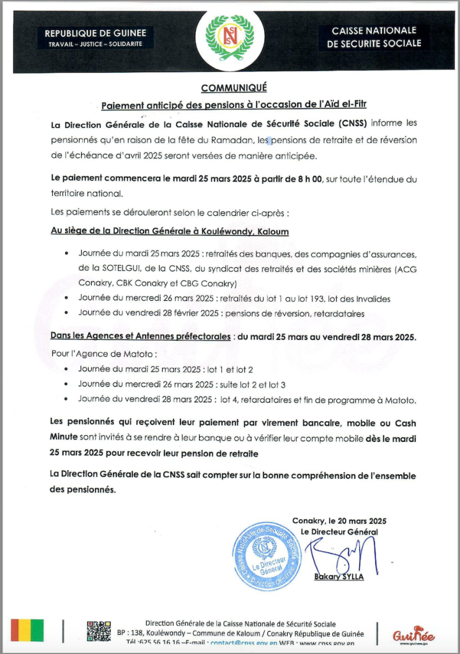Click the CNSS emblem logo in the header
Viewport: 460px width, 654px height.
(x=230, y=38)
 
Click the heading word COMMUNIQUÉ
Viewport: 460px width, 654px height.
(x=234, y=88)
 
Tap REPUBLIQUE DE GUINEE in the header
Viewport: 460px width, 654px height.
(x=95, y=33)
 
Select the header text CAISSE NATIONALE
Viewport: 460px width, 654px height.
(x=374, y=31)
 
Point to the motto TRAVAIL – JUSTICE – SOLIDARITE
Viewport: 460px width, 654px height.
(x=95, y=44)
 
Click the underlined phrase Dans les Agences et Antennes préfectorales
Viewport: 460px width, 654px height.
(x=140, y=337)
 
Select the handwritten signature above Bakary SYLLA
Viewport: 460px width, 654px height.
(x=341, y=554)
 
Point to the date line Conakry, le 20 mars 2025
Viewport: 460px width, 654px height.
(x=339, y=521)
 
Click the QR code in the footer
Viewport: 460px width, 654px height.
(x=99, y=631)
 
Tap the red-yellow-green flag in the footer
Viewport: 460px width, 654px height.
(x=27, y=630)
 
